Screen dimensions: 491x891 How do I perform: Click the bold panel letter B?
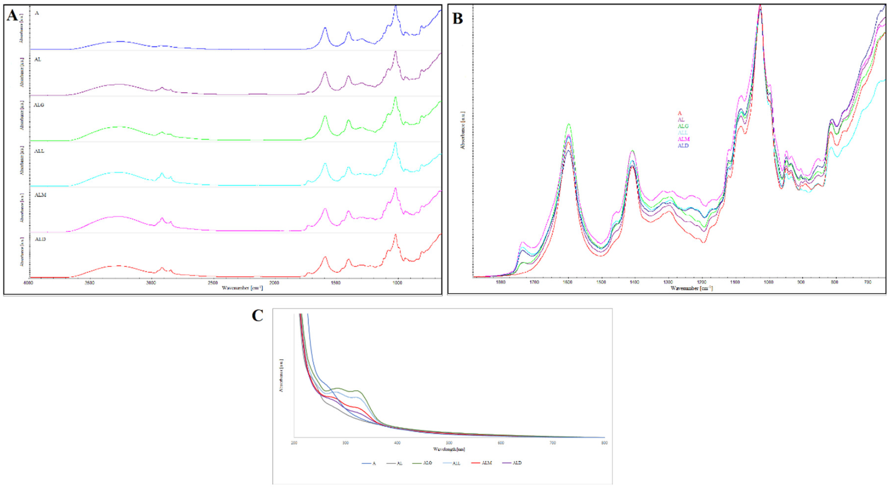pyautogui.click(x=458, y=18)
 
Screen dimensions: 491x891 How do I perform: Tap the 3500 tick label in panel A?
pyautogui.click(x=90, y=283)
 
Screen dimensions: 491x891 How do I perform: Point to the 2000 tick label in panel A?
pyautogui.click(x=274, y=283)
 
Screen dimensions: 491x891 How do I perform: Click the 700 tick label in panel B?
pyautogui.click(x=868, y=282)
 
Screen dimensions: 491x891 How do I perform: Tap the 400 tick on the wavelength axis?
pyautogui.click(x=397, y=443)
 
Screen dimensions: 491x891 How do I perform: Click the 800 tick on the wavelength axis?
pyautogui.click(x=604, y=443)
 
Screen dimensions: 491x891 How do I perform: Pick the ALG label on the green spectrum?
pyautogui.click(x=39, y=105)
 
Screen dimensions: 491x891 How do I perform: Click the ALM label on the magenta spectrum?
pyautogui.click(x=40, y=195)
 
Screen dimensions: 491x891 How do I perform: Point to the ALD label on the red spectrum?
pyautogui.click(x=40, y=239)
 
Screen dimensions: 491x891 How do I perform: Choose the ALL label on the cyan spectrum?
pyautogui.click(x=39, y=151)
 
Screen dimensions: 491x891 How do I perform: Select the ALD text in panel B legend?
pyautogui.click(x=683, y=146)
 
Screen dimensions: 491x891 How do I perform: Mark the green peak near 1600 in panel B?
pyautogui.click(x=568, y=124)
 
